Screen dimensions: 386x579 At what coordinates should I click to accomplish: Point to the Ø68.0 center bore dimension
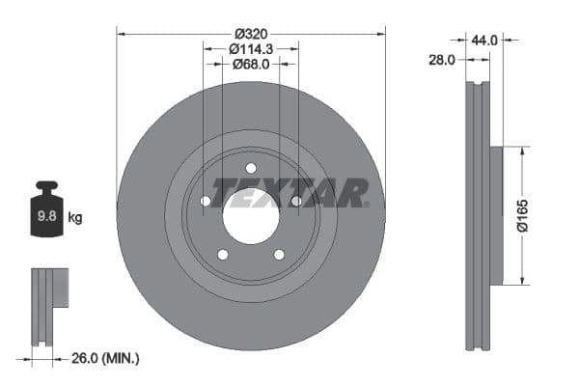(x=250, y=65)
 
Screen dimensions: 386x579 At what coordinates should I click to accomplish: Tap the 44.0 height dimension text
(x=483, y=40)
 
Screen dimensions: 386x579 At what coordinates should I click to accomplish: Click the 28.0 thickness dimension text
(x=441, y=60)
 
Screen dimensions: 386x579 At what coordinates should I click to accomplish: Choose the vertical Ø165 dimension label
(x=522, y=215)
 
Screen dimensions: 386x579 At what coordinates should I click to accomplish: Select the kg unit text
(x=74, y=218)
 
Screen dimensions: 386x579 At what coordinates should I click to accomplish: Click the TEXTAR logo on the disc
(x=289, y=192)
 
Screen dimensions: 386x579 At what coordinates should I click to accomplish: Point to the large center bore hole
(x=250, y=214)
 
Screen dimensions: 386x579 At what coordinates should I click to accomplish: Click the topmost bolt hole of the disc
(x=250, y=168)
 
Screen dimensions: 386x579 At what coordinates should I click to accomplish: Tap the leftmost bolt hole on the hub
(x=205, y=202)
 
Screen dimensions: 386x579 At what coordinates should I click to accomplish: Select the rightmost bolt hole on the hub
(x=296, y=202)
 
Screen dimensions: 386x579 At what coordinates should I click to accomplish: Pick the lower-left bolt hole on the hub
(x=222, y=255)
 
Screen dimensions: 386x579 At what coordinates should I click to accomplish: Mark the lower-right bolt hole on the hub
(x=279, y=255)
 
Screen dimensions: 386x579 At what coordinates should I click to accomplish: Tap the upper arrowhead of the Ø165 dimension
(x=522, y=152)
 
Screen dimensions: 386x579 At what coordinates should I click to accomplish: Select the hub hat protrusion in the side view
(x=496, y=215)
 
